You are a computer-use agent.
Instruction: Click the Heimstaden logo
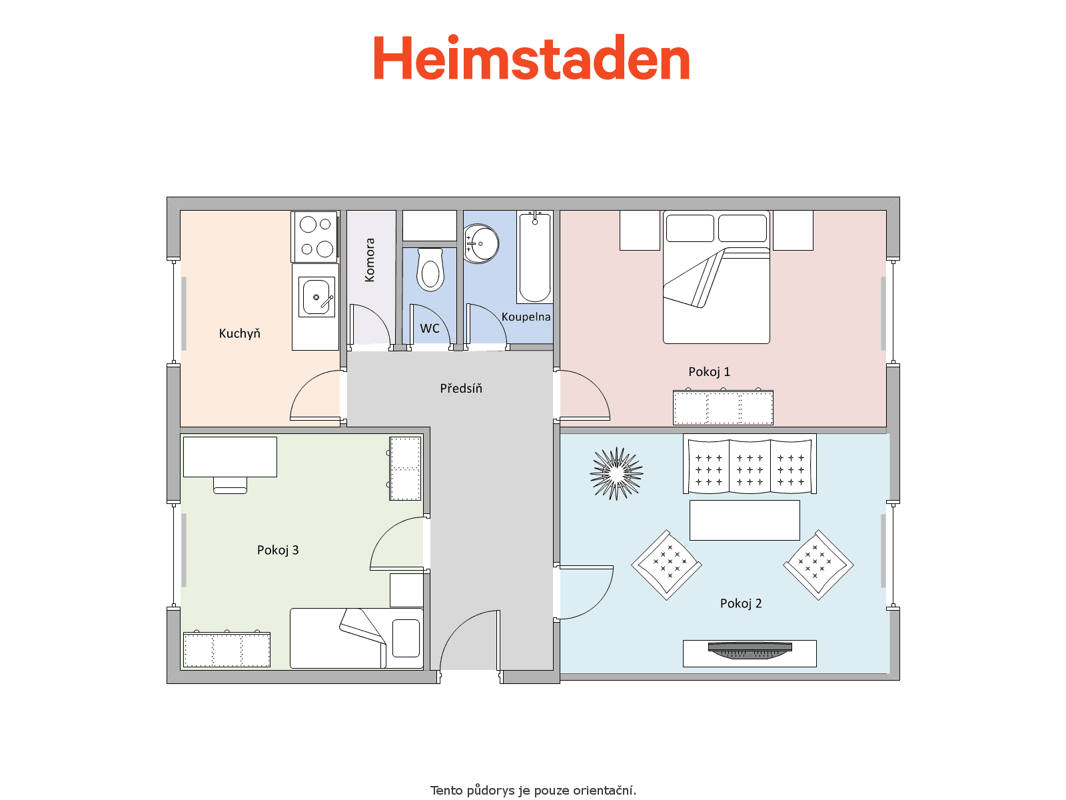(531, 57)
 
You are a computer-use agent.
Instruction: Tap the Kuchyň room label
(239, 334)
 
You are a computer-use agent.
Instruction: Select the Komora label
(370, 260)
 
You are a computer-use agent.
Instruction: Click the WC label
(429, 329)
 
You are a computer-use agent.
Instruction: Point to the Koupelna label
(526, 317)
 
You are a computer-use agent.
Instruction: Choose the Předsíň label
(461, 388)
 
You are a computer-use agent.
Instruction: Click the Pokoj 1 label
(709, 371)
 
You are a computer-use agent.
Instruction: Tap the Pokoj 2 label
(741, 603)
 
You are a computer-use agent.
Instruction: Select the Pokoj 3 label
(278, 550)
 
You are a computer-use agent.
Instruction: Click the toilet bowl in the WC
(430, 269)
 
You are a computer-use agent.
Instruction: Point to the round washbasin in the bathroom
(481, 244)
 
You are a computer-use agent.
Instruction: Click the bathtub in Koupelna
(535, 257)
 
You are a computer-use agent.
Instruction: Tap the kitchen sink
(316, 297)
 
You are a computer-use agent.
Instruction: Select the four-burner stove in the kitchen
(314, 237)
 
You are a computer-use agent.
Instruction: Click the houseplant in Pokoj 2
(616, 473)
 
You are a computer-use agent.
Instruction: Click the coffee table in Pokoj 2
(744, 520)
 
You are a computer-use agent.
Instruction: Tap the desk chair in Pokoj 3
(231, 485)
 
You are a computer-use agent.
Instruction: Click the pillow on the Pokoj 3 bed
(406, 638)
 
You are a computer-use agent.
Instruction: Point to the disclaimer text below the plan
(533, 791)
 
